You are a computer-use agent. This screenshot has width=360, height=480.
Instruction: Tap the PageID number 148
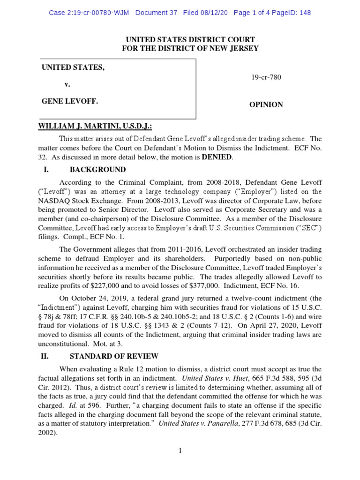304,13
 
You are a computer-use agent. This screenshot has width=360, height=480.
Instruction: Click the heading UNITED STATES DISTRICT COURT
190,40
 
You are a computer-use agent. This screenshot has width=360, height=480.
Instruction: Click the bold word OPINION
266,105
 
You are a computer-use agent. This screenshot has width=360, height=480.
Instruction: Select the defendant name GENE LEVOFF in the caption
70,101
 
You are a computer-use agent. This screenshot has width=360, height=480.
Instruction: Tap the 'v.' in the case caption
67,84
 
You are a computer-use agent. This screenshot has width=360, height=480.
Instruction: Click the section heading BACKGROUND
97,169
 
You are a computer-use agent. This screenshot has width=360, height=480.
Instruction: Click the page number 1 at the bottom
180,451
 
